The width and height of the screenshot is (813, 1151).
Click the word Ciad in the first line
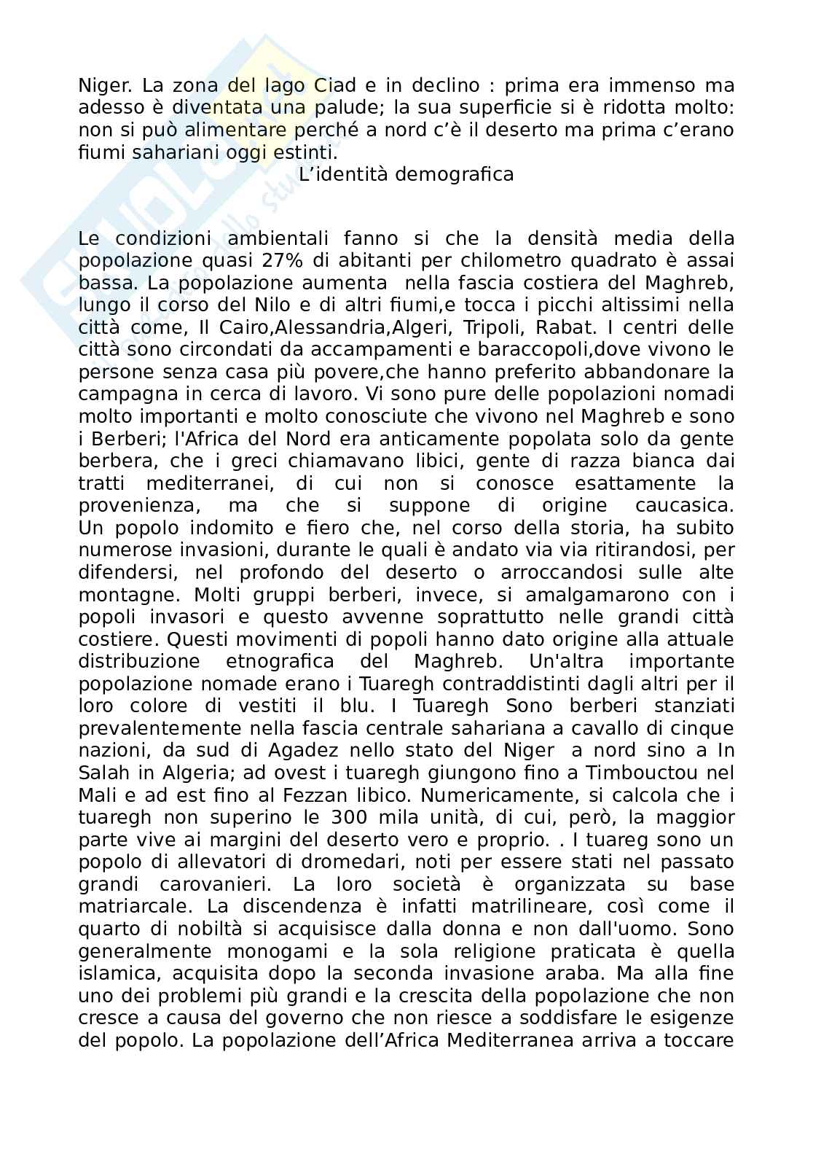[336, 85]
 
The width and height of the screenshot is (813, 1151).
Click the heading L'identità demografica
[406, 175]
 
